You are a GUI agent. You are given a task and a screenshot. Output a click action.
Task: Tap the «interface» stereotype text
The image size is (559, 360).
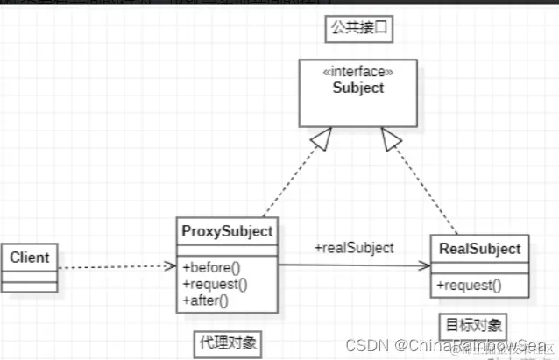tap(359, 72)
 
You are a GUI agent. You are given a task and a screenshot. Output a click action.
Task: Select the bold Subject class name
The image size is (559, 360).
tap(359, 88)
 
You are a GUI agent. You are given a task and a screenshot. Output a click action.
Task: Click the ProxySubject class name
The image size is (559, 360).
tap(227, 232)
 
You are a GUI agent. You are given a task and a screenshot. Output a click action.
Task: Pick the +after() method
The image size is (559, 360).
tap(205, 300)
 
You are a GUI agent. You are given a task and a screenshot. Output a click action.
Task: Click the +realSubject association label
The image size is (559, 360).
tap(354, 248)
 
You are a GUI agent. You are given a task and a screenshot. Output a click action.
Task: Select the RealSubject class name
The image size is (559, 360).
tap(480, 249)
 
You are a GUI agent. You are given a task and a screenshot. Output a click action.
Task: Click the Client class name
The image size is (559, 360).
tap(30, 258)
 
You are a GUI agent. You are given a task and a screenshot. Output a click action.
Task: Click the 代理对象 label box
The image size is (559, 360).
tap(227, 342)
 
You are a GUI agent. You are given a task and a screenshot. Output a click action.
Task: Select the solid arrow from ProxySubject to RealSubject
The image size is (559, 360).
tap(354, 266)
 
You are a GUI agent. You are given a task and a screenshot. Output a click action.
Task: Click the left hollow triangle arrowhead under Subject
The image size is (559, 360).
tap(319, 137)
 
